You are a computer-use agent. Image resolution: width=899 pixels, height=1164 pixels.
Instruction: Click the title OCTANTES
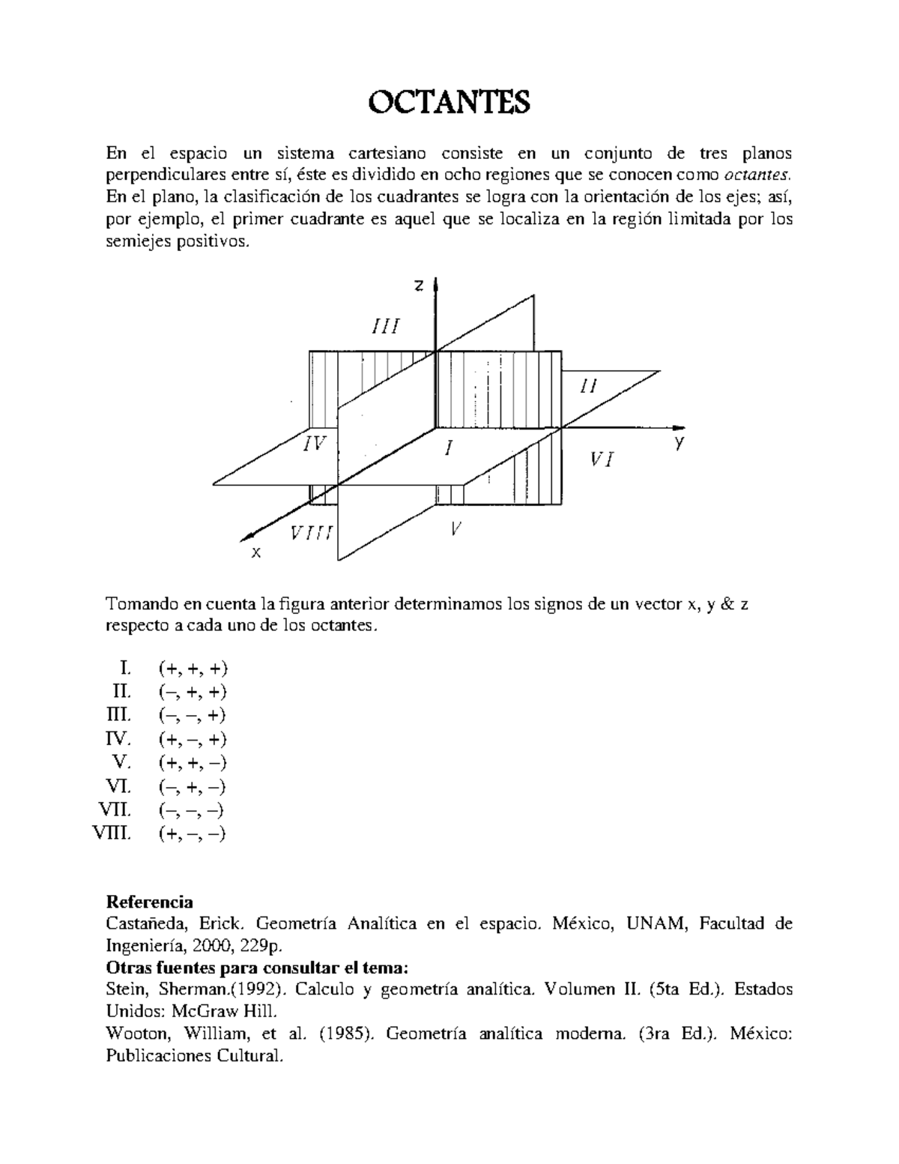click(449, 102)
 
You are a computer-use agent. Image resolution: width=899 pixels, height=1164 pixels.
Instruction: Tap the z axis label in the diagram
click(420, 286)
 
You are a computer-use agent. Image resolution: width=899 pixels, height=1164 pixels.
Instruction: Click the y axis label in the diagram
click(679, 443)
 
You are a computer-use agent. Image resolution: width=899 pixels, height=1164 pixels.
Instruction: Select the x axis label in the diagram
click(256, 552)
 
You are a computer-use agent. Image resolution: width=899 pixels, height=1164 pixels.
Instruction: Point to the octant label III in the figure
click(386, 327)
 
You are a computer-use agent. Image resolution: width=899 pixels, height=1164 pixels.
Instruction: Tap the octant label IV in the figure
click(315, 444)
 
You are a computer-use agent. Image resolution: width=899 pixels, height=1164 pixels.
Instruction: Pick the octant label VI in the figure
click(602, 460)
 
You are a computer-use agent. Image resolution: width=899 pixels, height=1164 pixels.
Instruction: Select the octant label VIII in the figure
click(312, 534)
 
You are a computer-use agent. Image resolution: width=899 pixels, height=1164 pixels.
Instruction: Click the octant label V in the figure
click(455, 528)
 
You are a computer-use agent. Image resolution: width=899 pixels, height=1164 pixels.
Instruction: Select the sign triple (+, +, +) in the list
click(193, 668)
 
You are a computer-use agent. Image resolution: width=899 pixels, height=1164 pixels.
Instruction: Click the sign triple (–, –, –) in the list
click(192, 810)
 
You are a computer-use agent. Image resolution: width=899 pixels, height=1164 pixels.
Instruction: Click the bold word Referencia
click(150, 901)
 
